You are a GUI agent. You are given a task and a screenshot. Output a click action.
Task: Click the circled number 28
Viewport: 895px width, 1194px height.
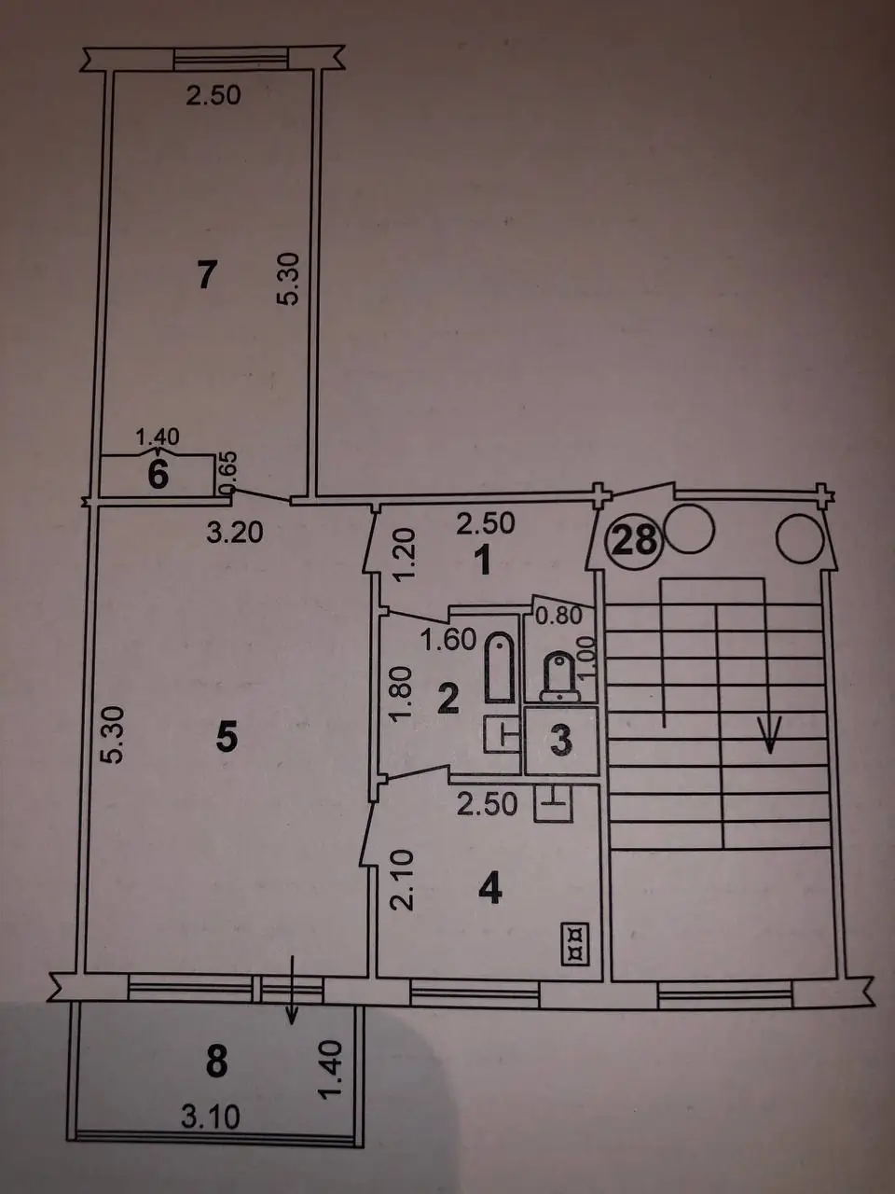tap(635, 540)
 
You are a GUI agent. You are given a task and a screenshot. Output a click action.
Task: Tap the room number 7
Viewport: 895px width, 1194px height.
tap(207, 274)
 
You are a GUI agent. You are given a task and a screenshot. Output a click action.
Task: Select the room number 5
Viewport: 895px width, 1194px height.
tap(227, 739)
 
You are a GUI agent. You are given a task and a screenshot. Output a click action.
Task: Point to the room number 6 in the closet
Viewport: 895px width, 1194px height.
tap(158, 475)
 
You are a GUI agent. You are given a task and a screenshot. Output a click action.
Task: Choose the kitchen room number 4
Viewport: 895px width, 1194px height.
tap(489, 890)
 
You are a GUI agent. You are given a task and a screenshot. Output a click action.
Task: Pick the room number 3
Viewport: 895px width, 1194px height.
tap(561, 741)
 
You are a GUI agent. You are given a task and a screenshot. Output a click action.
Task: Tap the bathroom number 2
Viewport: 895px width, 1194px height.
tap(447, 699)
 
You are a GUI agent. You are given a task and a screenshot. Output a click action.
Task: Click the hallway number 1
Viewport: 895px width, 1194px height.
tap(483, 561)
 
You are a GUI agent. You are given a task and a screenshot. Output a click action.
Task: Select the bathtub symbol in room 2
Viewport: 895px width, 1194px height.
tap(500, 667)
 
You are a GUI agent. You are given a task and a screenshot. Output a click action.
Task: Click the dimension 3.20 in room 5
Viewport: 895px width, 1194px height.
tap(235, 534)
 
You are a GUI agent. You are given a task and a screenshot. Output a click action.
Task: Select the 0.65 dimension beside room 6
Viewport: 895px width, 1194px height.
tap(224, 473)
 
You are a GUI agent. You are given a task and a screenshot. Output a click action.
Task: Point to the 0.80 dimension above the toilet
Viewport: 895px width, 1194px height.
tap(559, 617)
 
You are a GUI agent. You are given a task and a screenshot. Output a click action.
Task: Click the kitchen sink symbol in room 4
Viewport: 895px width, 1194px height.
tap(554, 803)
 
